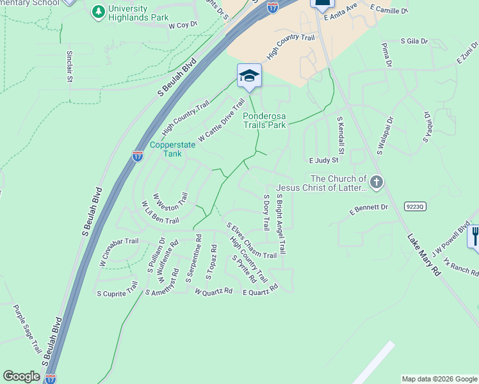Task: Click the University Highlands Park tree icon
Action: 98,12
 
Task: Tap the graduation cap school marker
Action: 249,76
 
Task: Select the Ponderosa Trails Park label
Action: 273,121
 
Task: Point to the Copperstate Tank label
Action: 172,149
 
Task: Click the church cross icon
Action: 377,183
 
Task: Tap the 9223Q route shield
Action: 414,206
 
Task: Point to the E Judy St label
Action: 323,161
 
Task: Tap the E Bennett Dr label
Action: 369,209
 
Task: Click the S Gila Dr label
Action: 414,41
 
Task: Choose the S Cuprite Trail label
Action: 117,293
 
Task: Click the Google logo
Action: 21,376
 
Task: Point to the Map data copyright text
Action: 439,379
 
